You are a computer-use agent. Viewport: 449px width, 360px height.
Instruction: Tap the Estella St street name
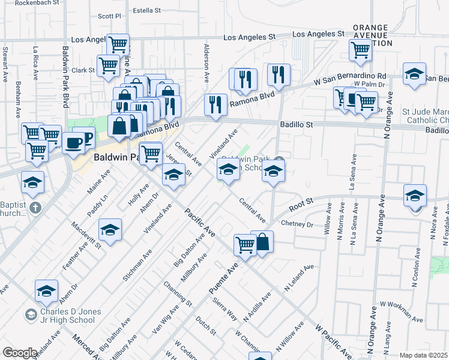(x=146, y=11)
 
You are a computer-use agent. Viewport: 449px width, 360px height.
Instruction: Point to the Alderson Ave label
(x=206, y=62)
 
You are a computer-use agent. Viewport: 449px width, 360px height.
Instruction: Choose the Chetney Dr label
(x=297, y=224)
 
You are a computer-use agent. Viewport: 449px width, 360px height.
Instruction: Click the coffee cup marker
(x=74, y=143)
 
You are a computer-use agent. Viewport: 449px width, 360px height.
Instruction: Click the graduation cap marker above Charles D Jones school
(x=46, y=291)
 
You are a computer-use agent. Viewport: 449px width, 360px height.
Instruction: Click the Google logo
(x=20, y=353)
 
